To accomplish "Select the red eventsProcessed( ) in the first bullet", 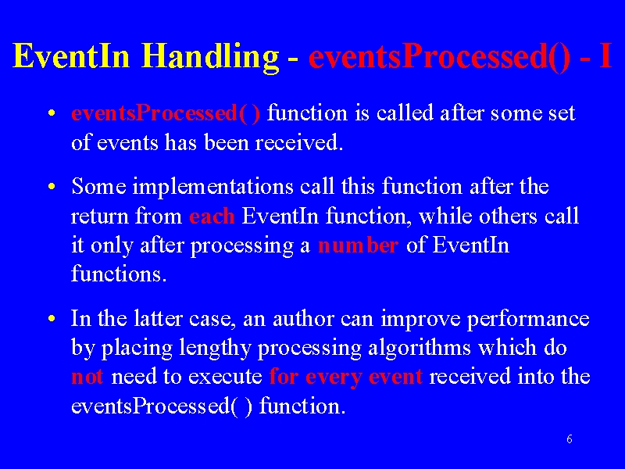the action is coord(166,113).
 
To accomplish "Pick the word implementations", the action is coord(212,187).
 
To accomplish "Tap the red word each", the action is coord(212,217).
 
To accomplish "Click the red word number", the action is coord(359,245).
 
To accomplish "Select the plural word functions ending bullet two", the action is coord(119,274).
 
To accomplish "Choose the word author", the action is coord(303,319).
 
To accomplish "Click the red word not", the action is coord(87,377).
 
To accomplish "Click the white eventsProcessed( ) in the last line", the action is coord(162,406).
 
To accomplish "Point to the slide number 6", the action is coord(570,439).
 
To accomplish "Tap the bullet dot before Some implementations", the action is coord(51,187).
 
